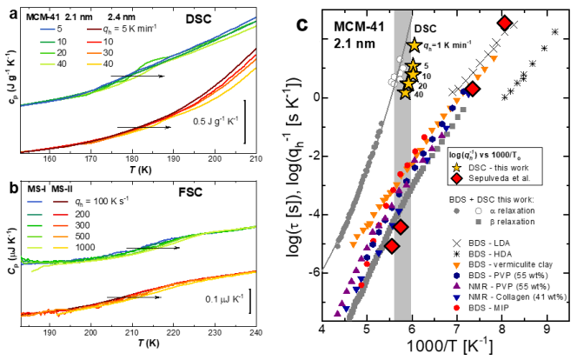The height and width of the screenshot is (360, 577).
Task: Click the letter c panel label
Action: [302, 23]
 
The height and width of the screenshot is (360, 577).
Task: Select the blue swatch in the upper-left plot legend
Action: [48, 30]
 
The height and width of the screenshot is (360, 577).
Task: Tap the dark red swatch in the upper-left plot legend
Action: [94, 30]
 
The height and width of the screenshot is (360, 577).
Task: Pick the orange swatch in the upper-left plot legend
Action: [94, 53]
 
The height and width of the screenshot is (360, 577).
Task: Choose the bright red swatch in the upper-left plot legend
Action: [94, 42]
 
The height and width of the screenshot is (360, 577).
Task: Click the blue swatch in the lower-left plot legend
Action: [35, 202]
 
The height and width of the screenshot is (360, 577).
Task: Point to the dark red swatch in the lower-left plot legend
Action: [61, 202]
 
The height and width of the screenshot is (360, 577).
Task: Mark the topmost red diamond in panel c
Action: [505, 23]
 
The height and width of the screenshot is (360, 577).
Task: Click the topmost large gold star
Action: [414, 45]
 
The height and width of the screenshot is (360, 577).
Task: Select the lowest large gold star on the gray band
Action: [405, 93]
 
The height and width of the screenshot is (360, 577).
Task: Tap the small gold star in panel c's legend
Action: [456, 168]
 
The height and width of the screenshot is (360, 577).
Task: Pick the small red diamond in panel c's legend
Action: [456, 178]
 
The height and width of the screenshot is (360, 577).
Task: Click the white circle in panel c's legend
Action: [478, 210]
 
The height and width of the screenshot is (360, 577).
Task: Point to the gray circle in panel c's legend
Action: [456, 210]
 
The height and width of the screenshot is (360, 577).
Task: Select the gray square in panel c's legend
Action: [478, 222]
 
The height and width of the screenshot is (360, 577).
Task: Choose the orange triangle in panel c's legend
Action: [456, 266]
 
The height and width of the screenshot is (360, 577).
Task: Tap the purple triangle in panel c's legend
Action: [456, 286]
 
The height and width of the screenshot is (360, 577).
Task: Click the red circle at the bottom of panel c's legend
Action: [456, 308]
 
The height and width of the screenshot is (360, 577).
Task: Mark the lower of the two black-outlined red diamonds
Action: [392, 246]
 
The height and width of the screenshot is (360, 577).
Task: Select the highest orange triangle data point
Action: [494, 59]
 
